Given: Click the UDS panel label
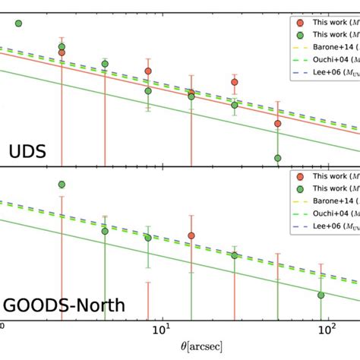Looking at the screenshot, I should pyautogui.click(x=27, y=151).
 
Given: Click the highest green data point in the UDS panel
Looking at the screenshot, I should pyautogui.click(x=19, y=24).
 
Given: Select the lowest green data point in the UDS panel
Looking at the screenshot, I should pyautogui.click(x=278, y=158).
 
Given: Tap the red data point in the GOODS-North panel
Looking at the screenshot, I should pyautogui.click(x=191, y=235).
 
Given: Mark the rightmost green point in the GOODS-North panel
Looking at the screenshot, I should pyautogui.click(x=321, y=295).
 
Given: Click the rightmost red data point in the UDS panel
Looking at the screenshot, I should pyautogui.click(x=278, y=123).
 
